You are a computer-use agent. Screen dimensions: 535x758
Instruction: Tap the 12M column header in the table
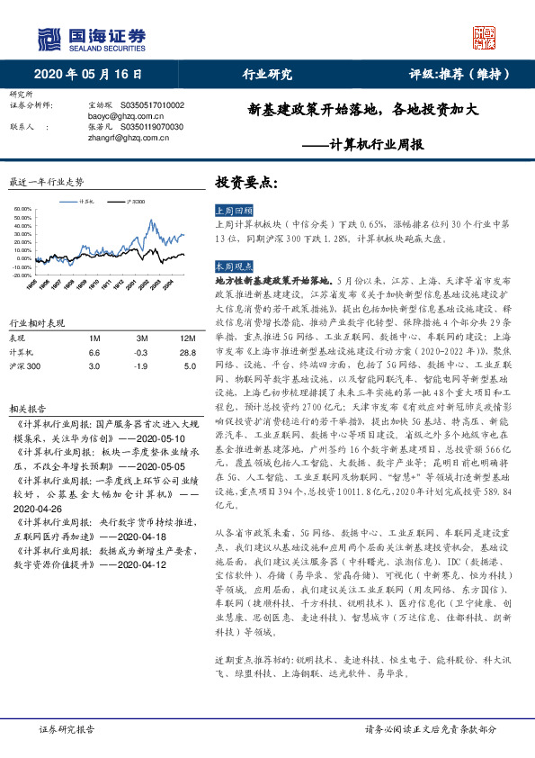pyautogui.click(x=188, y=338)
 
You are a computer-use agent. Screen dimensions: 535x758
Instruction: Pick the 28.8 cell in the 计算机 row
pyautogui.click(x=188, y=352)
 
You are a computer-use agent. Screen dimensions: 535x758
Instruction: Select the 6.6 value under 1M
pyautogui.click(x=94, y=352)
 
